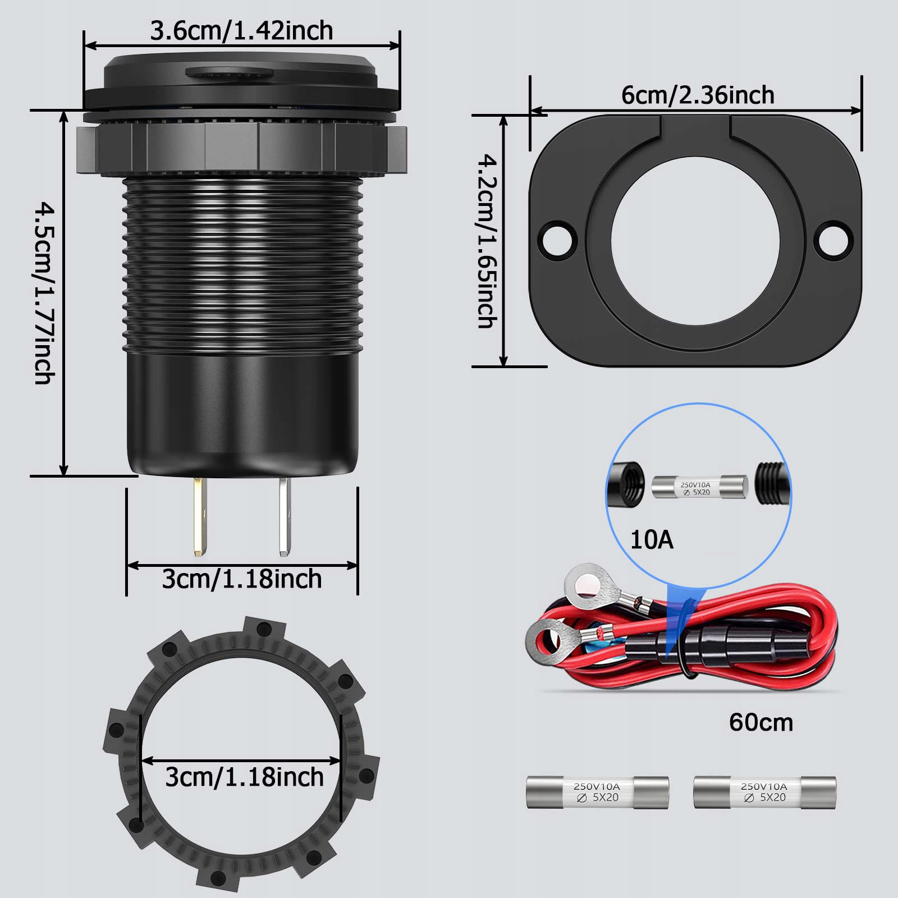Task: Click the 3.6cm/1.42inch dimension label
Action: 241,30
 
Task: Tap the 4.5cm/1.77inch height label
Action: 45,294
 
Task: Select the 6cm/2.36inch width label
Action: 698,95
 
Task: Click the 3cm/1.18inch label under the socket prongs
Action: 242,579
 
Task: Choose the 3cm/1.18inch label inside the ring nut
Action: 244,777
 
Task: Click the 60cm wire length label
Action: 761,722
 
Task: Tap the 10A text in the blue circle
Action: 652,540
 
